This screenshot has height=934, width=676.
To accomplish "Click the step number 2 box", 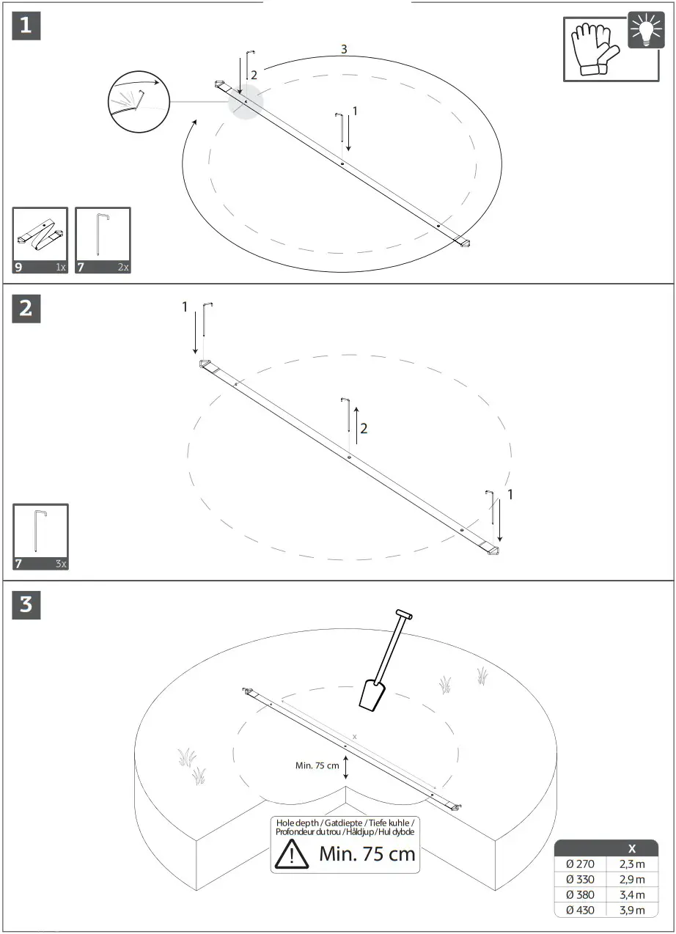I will (x=26, y=309).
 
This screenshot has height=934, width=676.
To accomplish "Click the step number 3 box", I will (x=26, y=605).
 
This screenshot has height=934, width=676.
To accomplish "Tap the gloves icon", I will (x=594, y=50).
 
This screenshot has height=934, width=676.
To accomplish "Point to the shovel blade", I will (x=372, y=694).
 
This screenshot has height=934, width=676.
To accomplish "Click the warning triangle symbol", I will (x=292, y=855).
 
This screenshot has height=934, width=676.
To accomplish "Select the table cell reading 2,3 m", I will (x=631, y=864).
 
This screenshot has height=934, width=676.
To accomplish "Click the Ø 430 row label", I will (x=581, y=910).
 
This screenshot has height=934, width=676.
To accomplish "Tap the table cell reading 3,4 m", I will (x=631, y=894).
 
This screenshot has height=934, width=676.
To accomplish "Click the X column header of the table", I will (x=631, y=848).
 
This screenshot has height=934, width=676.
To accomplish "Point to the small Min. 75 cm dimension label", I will (x=317, y=765).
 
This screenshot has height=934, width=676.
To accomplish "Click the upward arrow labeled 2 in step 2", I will (x=357, y=424).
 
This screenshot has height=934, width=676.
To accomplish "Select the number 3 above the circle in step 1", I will (x=344, y=49).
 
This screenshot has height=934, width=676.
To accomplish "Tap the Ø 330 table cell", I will (x=581, y=879).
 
